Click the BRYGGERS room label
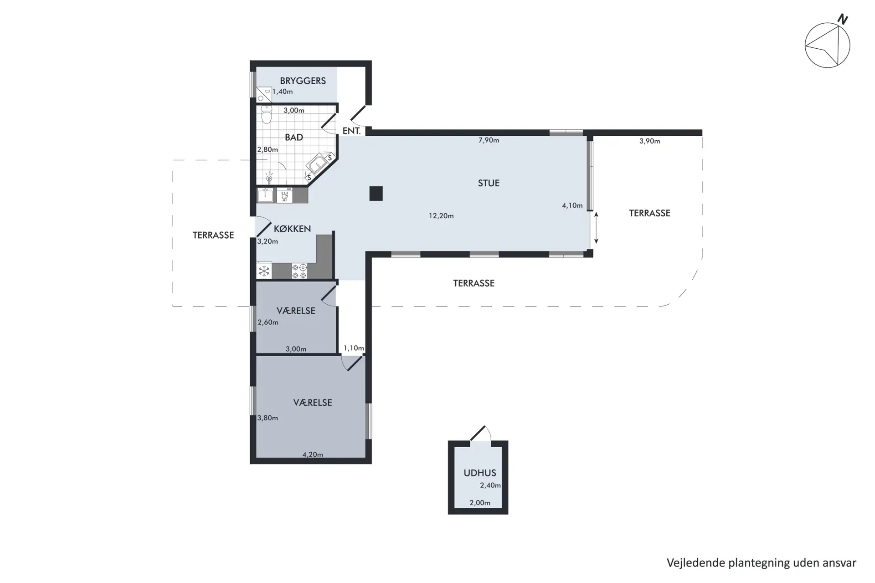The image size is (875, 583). coord(303,81)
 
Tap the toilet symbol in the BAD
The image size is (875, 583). coord(267,115)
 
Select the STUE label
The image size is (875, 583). coord(489,183)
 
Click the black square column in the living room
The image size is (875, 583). coord(376,194)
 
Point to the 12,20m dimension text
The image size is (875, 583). coord(441,216)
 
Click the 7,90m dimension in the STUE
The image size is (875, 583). coord(489,140)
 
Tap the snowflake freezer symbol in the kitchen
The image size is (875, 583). coord(264,271)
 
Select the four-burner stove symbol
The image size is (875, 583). coord(299,271)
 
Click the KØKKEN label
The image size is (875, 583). coord(292,229)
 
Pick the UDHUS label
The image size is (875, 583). coord(480,473)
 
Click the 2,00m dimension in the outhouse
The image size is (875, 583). coord(480,503)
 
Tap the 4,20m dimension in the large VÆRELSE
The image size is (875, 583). coord(313,455)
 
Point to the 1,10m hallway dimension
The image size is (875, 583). coord(354,348)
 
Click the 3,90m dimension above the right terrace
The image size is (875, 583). coord(649,141)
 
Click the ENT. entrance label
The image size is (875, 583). coord(352,131)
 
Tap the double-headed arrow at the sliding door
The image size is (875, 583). coord(596,228)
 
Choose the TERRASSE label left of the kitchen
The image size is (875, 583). coord(213,235)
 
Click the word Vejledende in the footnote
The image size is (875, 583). coord(695,563)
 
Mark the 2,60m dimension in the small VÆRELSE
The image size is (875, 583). coord(268,322)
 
